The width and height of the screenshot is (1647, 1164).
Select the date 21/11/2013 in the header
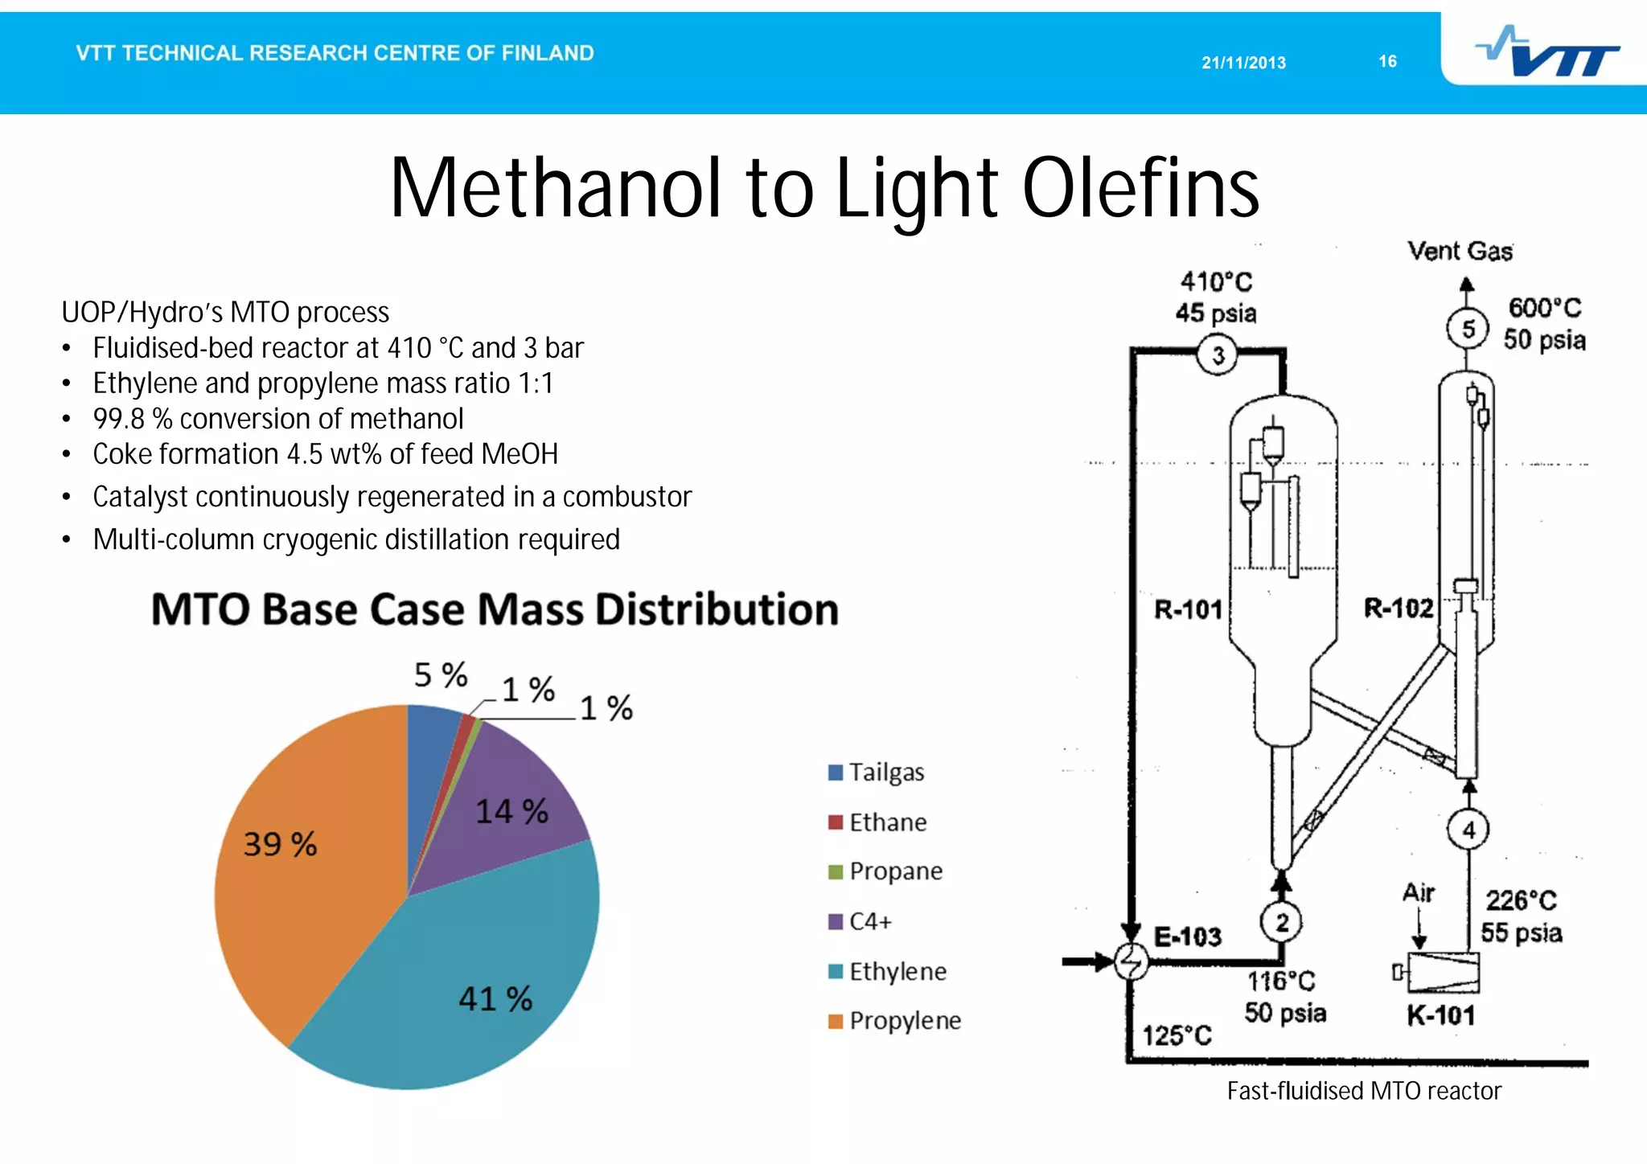[x=1243, y=63]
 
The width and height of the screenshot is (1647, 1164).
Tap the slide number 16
[x=1387, y=61]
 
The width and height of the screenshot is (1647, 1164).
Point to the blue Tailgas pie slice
[x=430, y=748]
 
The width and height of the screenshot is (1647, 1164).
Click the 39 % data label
[x=280, y=844]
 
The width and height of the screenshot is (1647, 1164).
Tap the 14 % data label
[x=511, y=811]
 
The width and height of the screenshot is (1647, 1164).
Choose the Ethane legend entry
[x=878, y=822]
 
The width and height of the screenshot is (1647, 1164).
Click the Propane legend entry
[x=886, y=871]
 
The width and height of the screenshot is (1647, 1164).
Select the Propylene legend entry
[x=895, y=1021]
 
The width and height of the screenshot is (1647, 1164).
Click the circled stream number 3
[x=1218, y=355]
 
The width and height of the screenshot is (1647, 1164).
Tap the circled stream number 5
[x=1468, y=329]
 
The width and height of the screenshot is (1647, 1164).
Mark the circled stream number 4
[x=1468, y=830]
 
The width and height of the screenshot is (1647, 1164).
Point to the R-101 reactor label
[x=1188, y=609]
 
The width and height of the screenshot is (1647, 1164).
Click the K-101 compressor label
[x=1440, y=1016]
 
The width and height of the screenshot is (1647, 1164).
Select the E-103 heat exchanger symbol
[x=1132, y=961]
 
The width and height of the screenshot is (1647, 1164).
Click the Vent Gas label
[x=1460, y=252]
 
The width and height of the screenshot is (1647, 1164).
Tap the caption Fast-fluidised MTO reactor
[x=1364, y=1091]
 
